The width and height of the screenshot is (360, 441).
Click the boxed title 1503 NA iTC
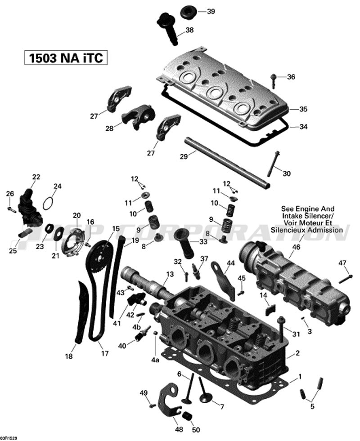click(x=66, y=58)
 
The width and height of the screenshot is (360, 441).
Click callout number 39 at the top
click(x=211, y=11)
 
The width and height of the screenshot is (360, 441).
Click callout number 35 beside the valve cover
click(x=303, y=109)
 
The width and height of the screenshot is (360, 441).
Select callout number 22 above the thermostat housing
click(x=36, y=177)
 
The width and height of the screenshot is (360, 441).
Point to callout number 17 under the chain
click(x=105, y=353)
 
